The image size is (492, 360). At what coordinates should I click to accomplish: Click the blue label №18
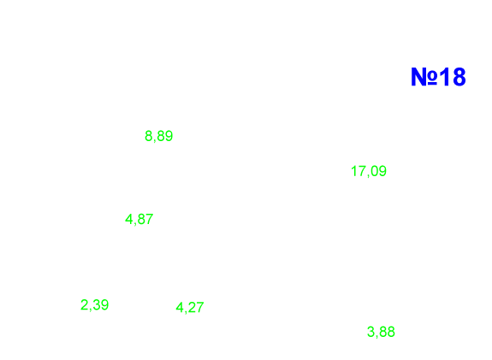click(438, 77)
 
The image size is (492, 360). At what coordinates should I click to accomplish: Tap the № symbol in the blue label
click(424, 77)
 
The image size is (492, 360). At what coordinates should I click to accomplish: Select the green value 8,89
click(159, 136)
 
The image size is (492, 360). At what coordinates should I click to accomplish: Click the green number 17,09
click(369, 171)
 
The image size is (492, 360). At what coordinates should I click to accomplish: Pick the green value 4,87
click(139, 219)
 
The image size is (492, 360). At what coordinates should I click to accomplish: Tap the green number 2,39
click(94, 304)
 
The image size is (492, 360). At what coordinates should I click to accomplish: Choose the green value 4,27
click(190, 307)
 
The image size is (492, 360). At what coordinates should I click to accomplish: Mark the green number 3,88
click(381, 332)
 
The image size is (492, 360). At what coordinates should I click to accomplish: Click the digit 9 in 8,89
click(169, 136)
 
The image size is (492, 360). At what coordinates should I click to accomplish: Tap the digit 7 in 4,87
click(150, 219)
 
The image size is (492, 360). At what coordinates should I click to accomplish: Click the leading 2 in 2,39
click(84, 304)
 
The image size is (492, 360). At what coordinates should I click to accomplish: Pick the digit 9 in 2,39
click(104, 304)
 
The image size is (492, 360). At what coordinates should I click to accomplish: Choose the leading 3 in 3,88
click(370, 332)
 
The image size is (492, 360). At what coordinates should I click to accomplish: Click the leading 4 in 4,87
click(129, 219)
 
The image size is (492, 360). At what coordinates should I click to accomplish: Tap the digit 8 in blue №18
click(459, 77)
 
